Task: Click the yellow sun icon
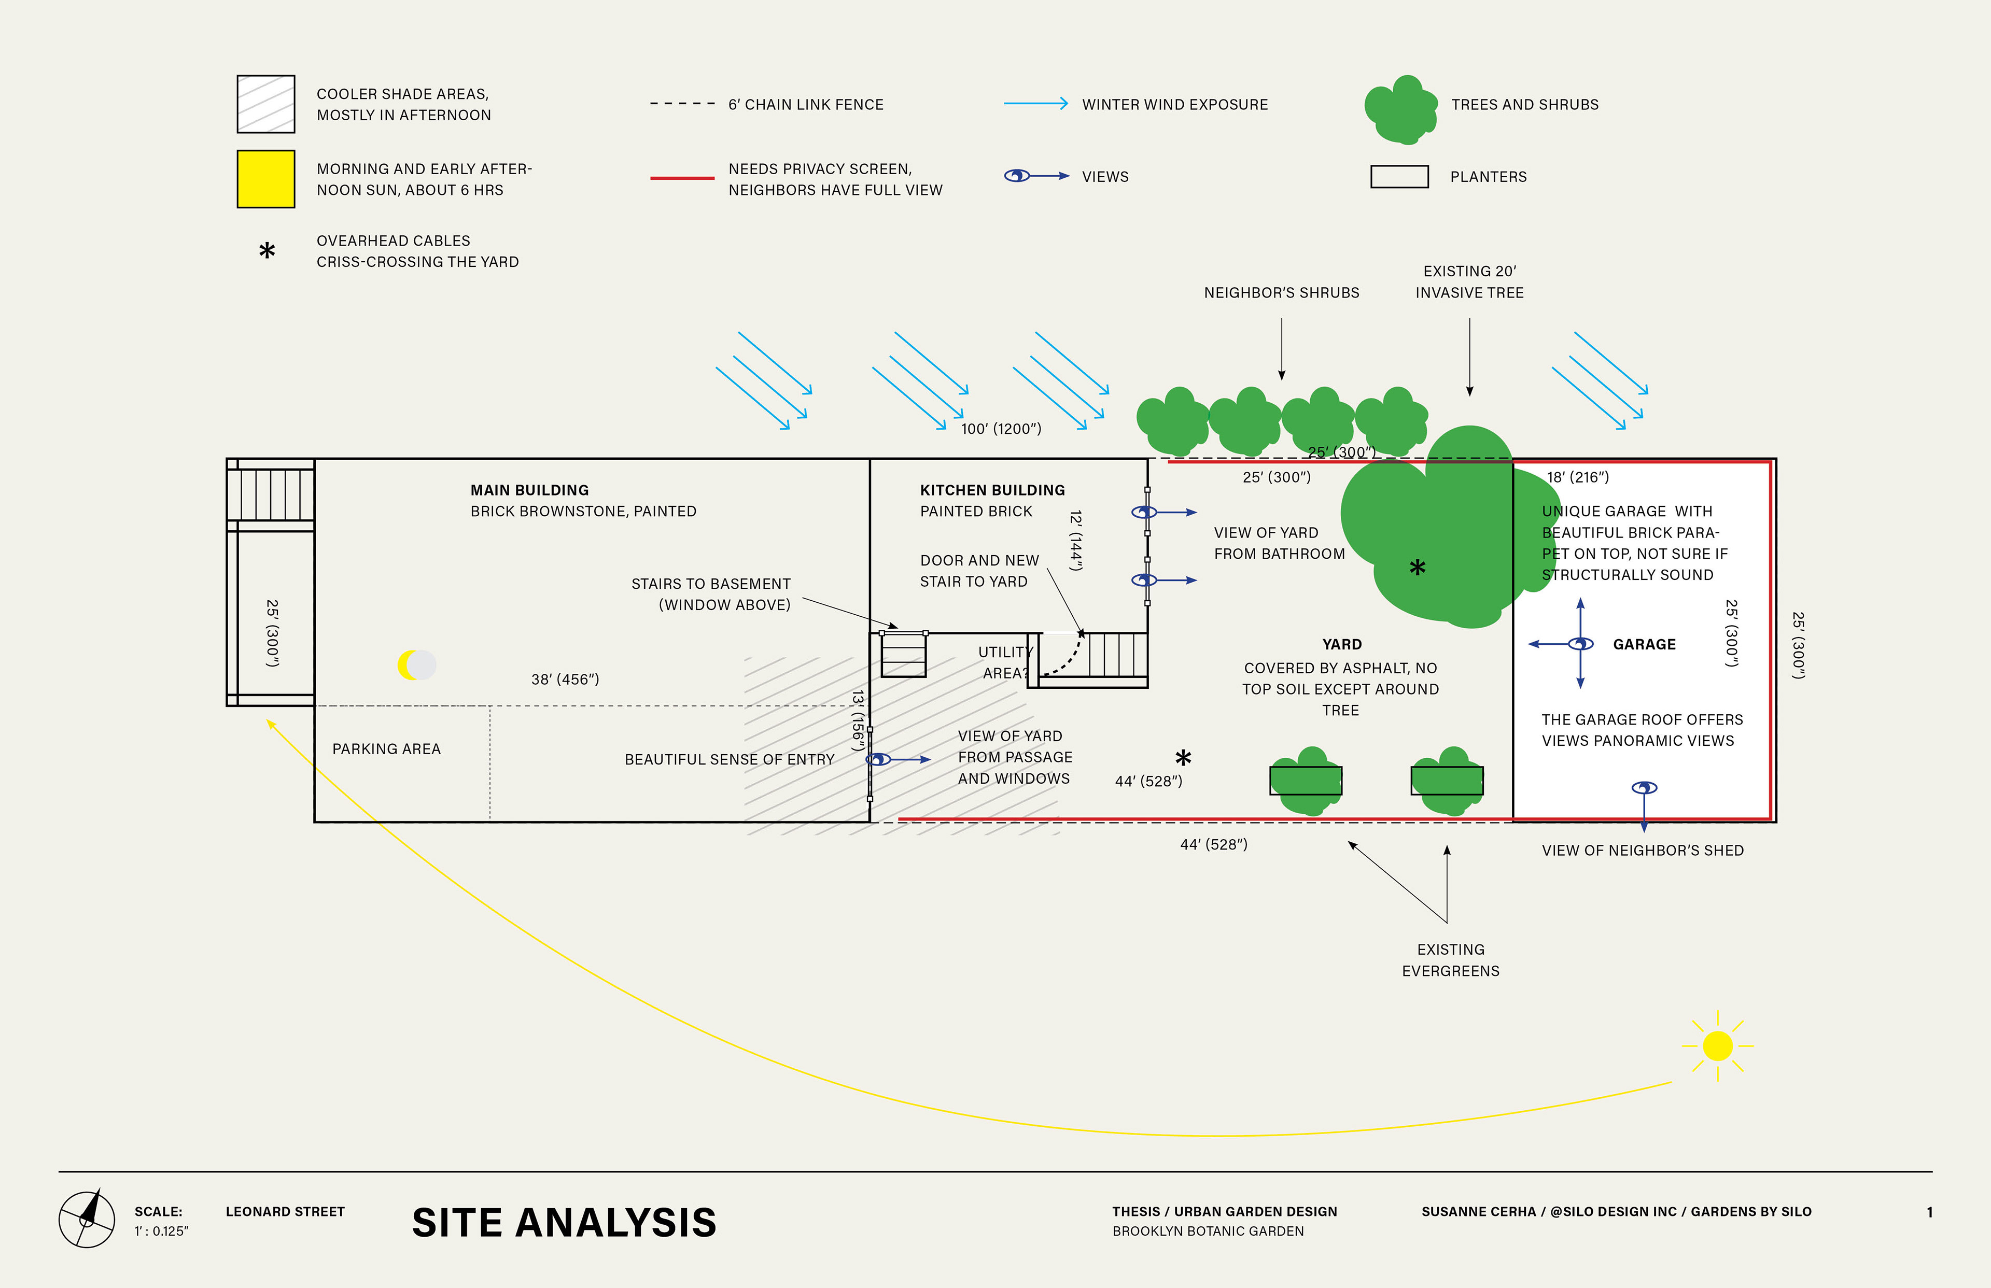pyautogui.click(x=1717, y=1045)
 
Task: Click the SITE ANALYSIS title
pyautogui.click(x=564, y=1223)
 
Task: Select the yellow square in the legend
pyautogui.click(x=266, y=179)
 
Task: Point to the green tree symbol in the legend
pyautogui.click(x=1401, y=109)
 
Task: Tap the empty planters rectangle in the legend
pyautogui.click(x=1399, y=176)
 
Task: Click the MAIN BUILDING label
pyautogui.click(x=529, y=490)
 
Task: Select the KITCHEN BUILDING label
pyautogui.click(x=992, y=490)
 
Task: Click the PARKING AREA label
pyautogui.click(x=386, y=749)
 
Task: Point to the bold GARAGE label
pyautogui.click(x=1644, y=644)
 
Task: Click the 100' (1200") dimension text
pyautogui.click(x=1001, y=429)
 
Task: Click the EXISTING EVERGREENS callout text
pyautogui.click(x=1451, y=960)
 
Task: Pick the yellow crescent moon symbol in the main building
pyautogui.click(x=410, y=665)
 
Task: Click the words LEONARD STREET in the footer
pyautogui.click(x=285, y=1211)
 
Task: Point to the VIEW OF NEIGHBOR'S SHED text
pyautogui.click(x=1642, y=851)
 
